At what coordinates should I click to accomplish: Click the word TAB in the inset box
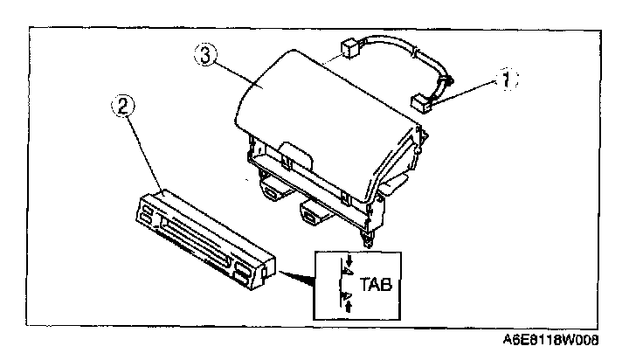[371, 285]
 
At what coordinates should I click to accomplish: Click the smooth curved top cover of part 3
[315, 96]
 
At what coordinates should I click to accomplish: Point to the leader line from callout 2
[144, 153]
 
